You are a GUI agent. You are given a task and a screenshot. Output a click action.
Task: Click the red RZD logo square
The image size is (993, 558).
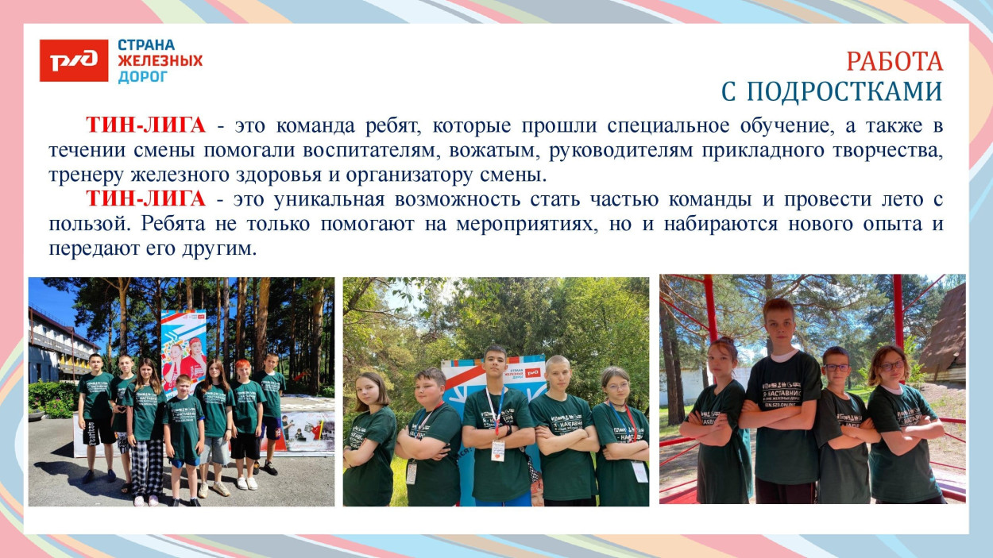point(74,60)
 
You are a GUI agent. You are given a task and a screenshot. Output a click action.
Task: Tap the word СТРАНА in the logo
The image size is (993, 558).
point(146,45)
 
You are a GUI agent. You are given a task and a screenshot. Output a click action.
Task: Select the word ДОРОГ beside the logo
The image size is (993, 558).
point(143,77)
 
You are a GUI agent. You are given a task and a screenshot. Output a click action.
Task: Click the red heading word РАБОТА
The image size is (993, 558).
point(894,61)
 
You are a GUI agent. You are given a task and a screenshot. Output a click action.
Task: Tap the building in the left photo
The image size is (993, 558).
point(56,345)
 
